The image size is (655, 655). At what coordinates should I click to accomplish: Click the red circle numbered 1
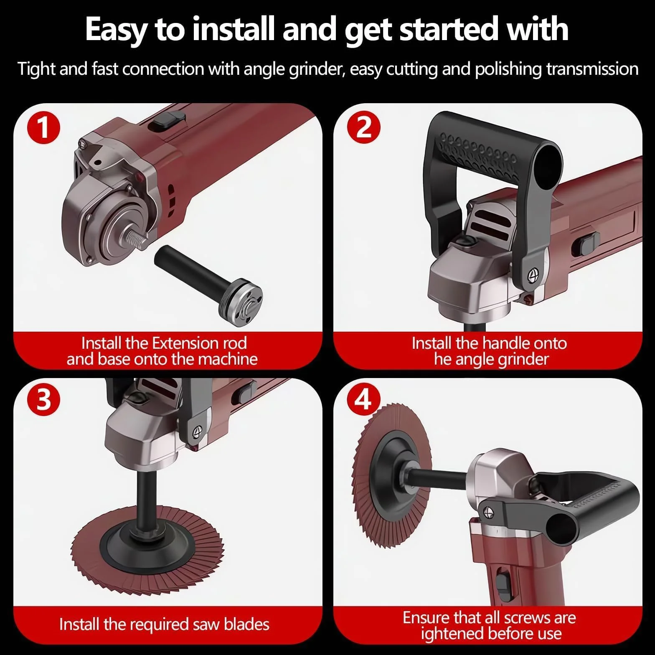[44, 128]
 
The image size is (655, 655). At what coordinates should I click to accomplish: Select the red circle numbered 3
[44, 400]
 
